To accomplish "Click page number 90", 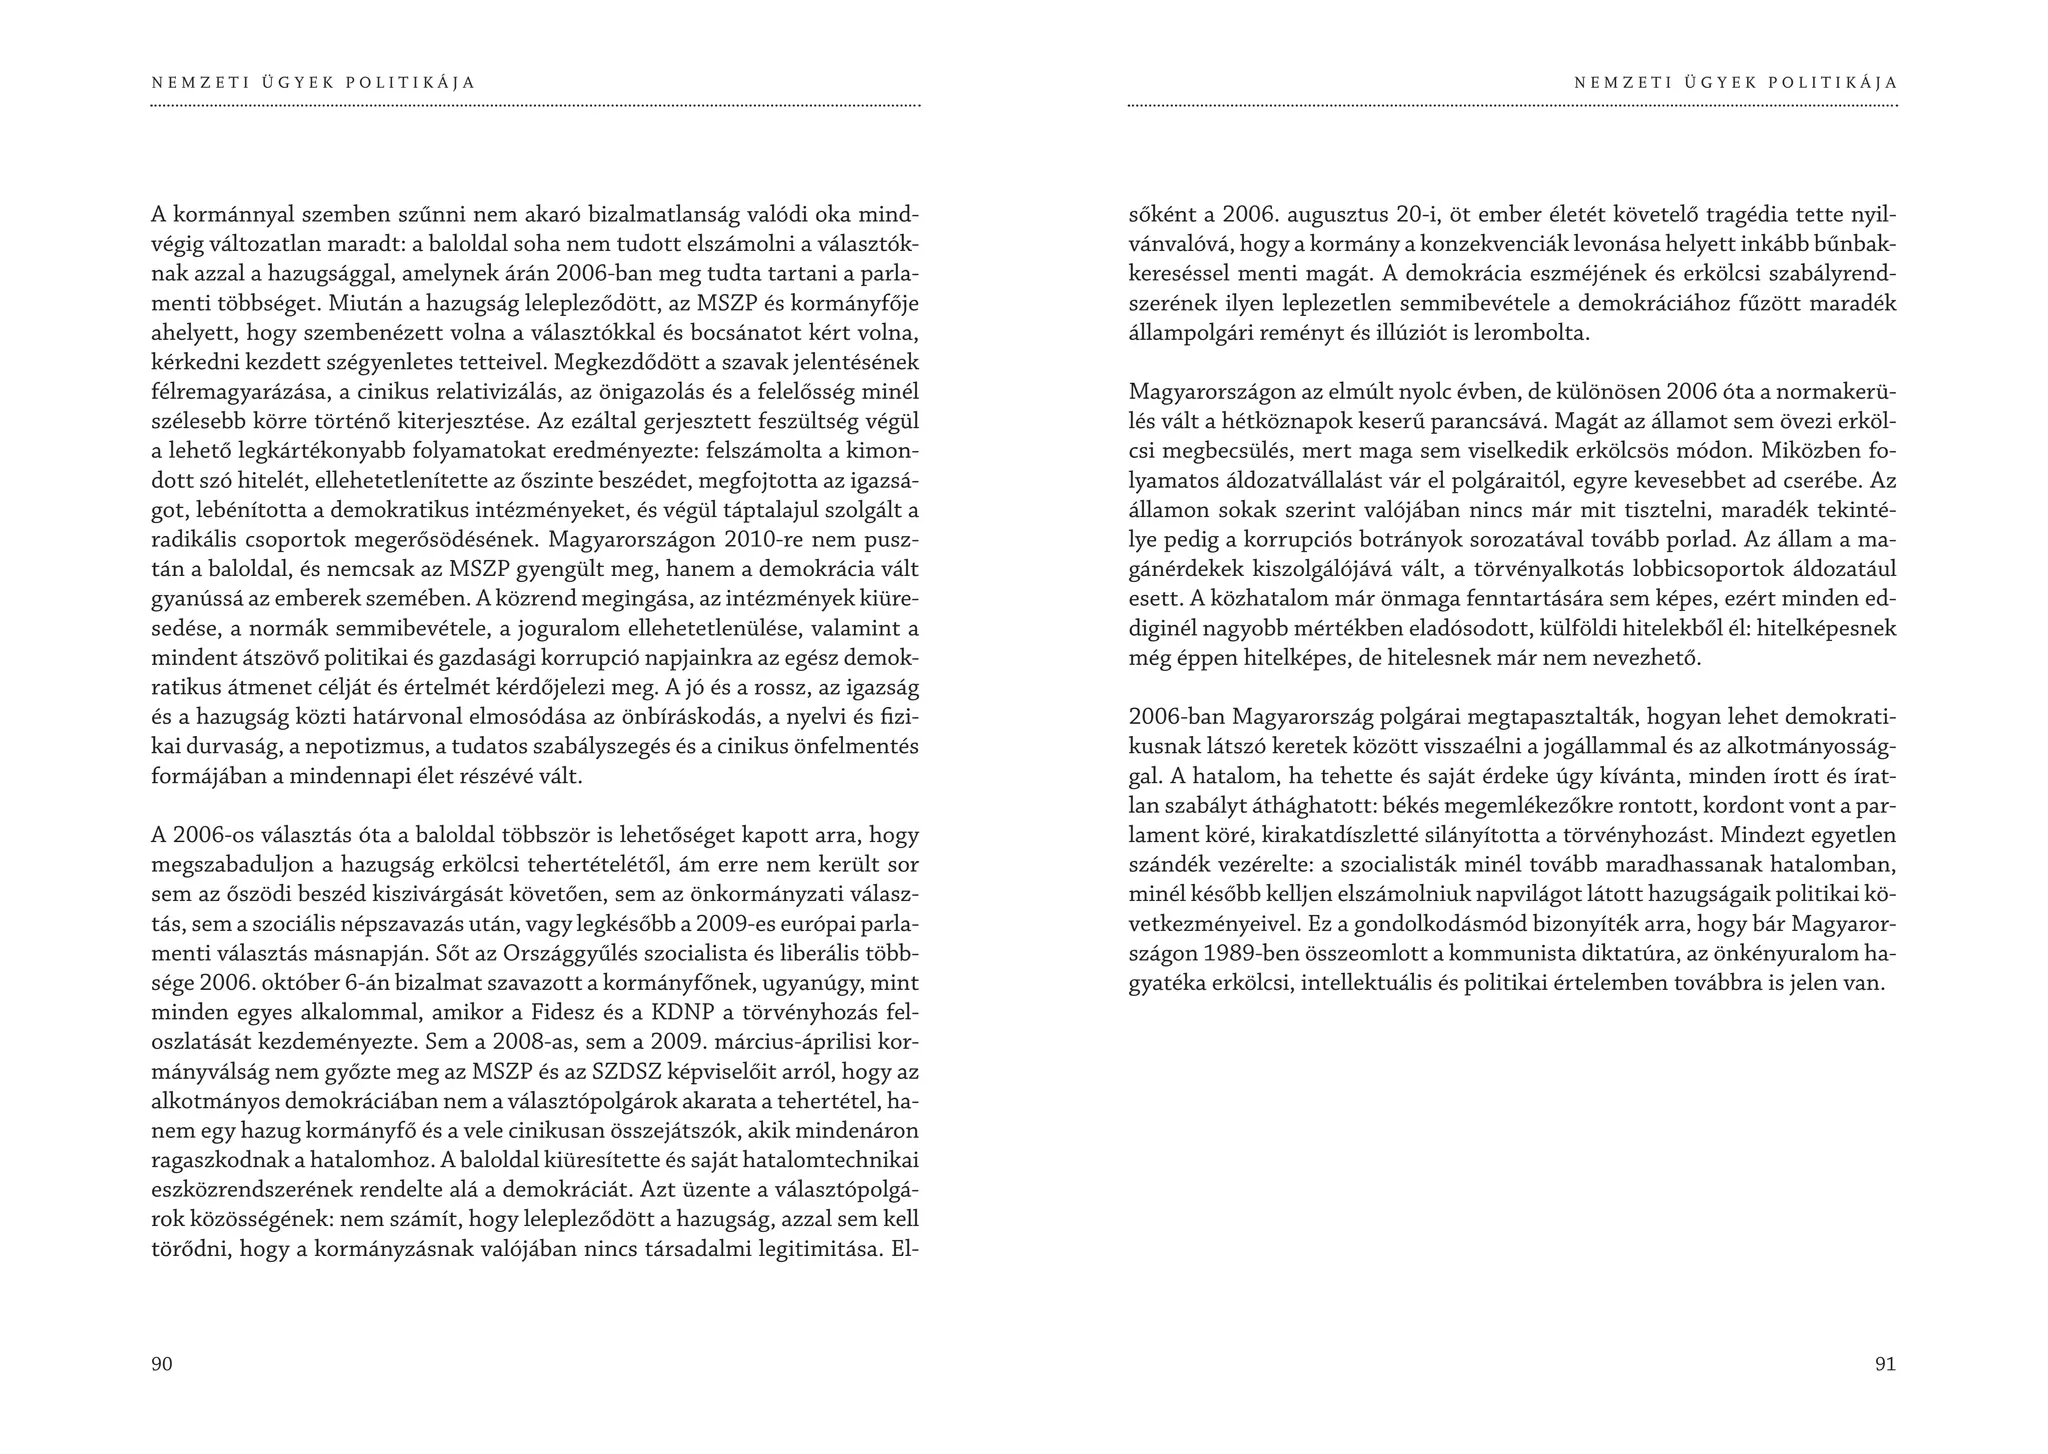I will pos(162,1364).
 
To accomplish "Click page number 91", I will pos(1885,1364).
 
